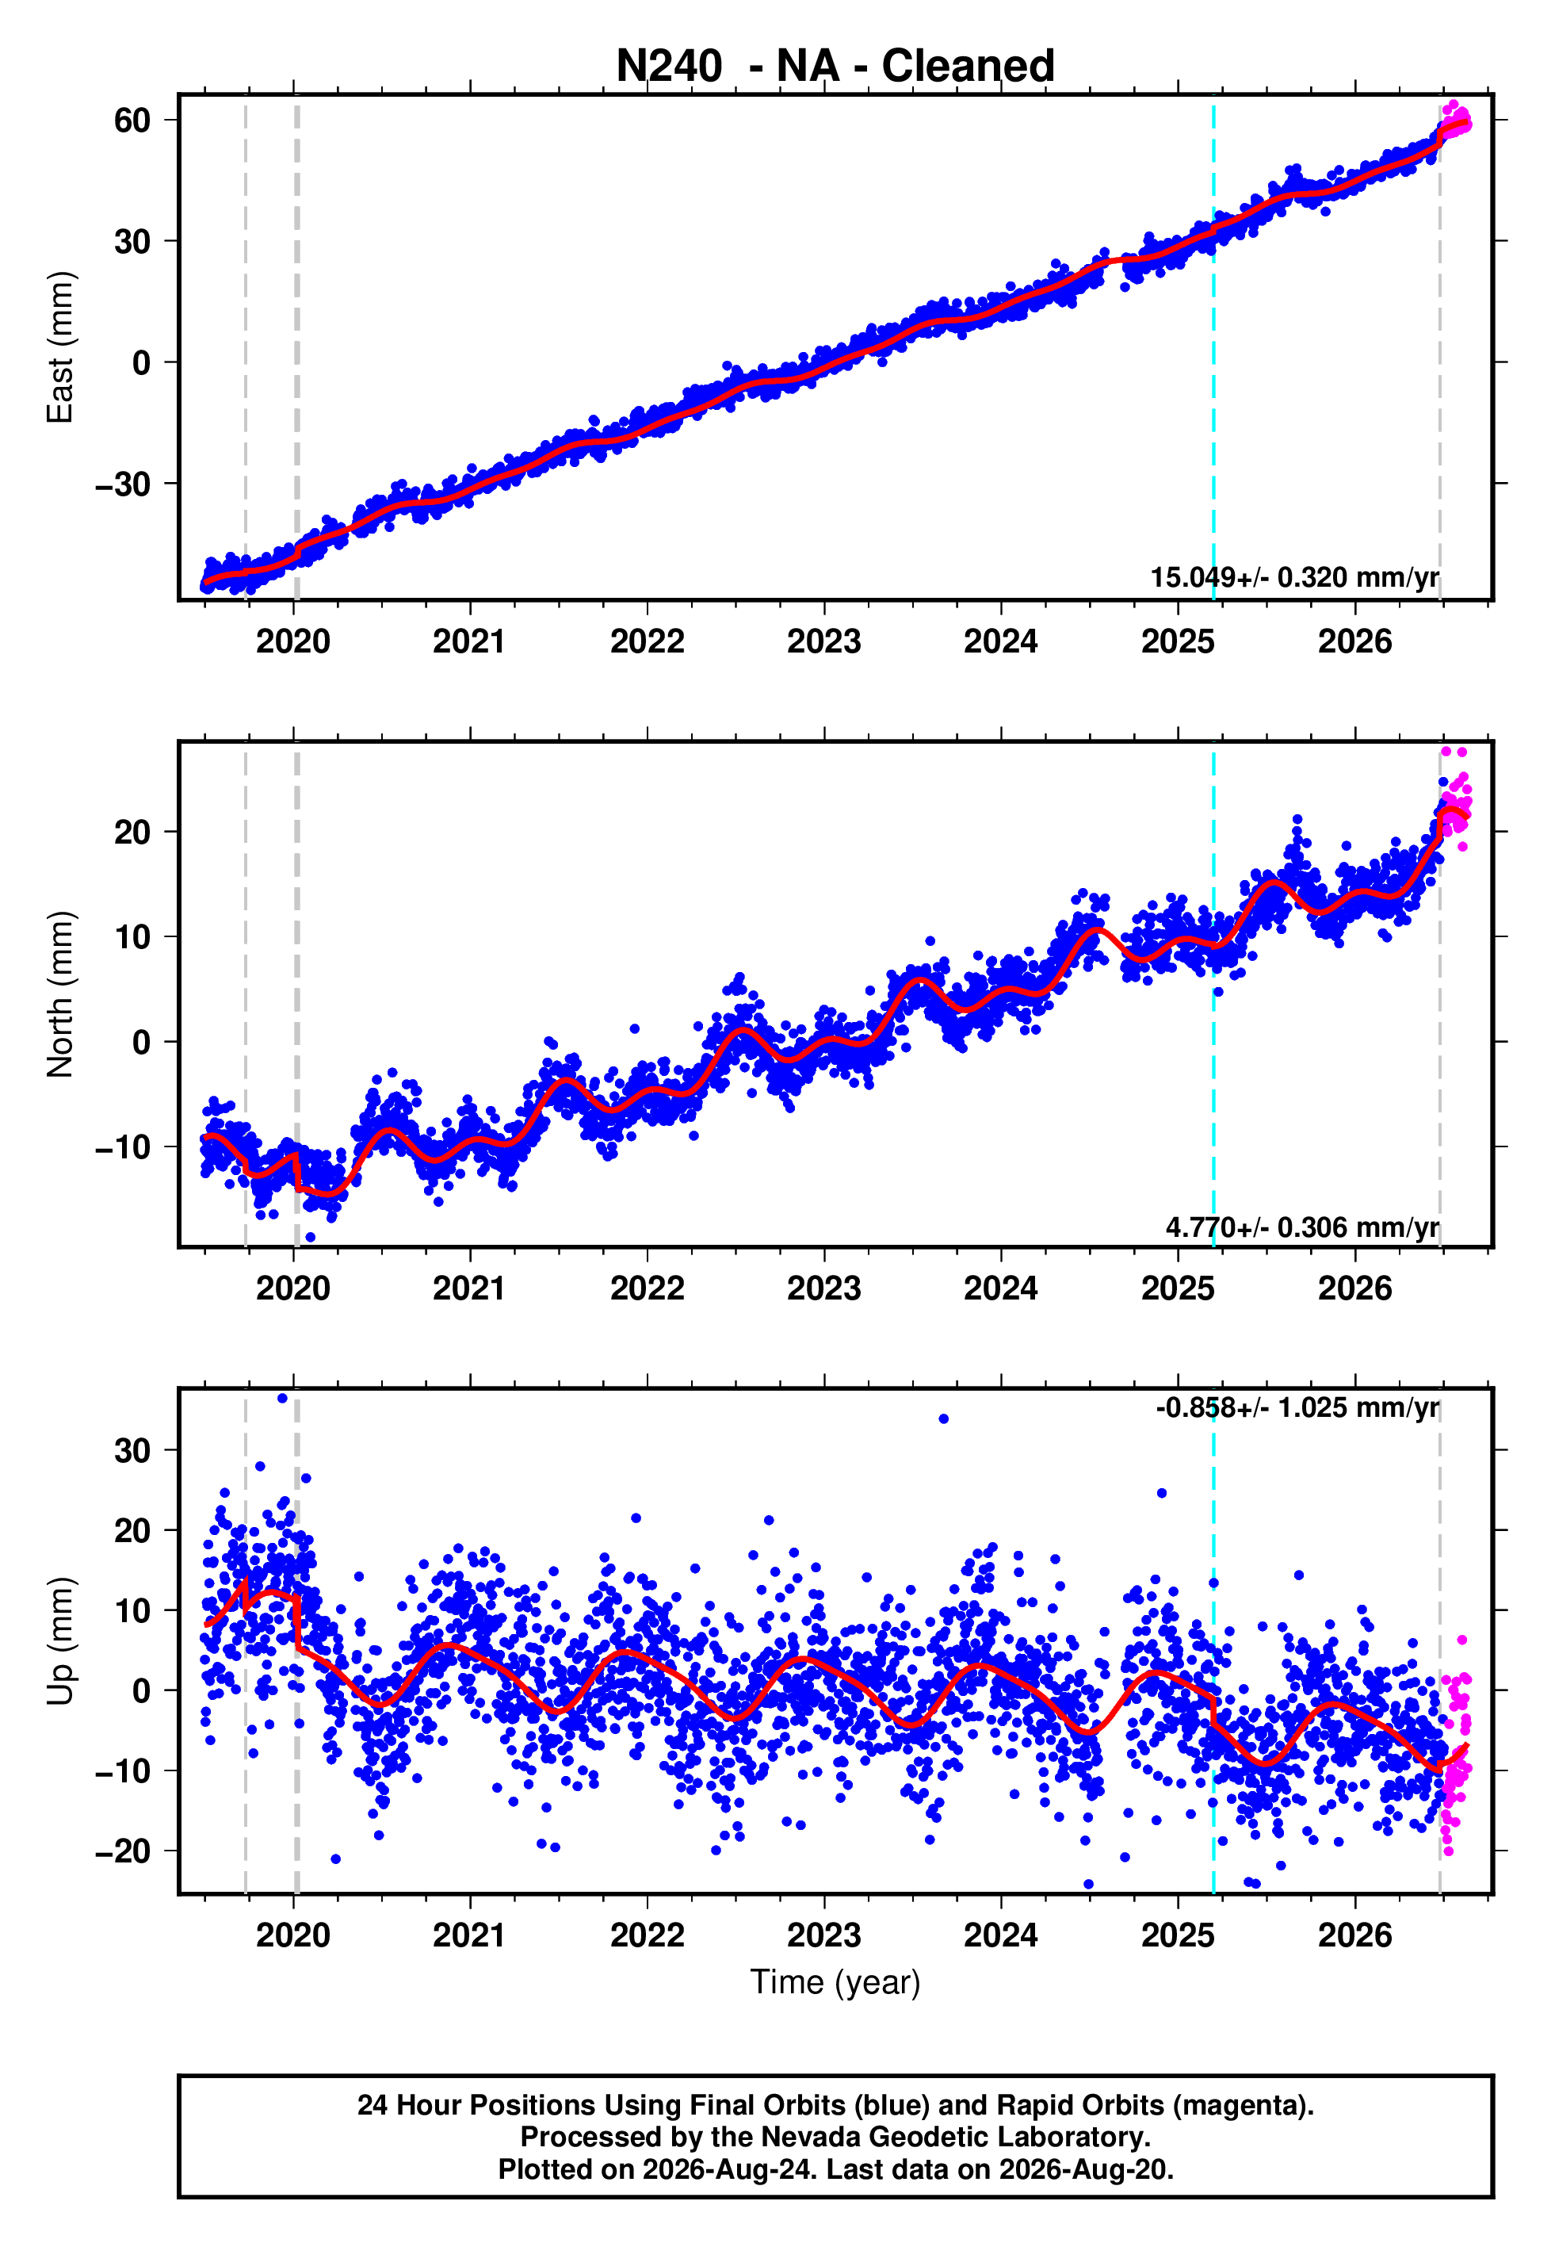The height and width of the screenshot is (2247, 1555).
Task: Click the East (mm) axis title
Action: click(60, 347)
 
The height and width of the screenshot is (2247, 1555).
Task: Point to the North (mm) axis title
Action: click(60, 994)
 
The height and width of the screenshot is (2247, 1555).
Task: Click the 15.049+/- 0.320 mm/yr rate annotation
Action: click(1294, 577)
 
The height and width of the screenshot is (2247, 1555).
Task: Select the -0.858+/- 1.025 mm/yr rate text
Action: click(1297, 1407)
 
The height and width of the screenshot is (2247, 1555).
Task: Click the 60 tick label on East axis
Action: click(132, 121)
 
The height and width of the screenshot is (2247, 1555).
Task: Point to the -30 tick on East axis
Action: click(123, 484)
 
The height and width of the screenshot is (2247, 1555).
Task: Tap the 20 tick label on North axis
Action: click(132, 833)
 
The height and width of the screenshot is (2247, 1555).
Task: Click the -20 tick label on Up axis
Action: click(123, 1851)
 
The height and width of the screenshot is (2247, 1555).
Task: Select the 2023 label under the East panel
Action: click(824, 641)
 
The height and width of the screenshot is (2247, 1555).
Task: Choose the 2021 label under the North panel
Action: click(470, 1288)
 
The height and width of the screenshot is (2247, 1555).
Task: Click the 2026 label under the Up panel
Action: click(1355, 1935)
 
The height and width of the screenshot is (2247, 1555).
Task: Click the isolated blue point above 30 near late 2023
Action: click(943, 1418)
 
